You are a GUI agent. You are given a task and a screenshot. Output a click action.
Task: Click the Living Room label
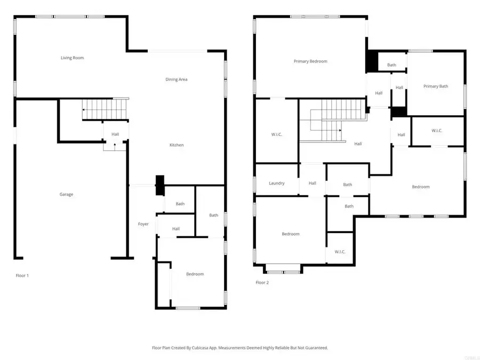tap(72, 58)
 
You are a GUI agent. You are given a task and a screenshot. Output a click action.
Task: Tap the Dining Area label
tap(176, 79)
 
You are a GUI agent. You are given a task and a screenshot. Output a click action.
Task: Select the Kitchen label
tap(177, 145)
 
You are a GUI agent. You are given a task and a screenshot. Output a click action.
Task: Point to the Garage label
tap(66, 195)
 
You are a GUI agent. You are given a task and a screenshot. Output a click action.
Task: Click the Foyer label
tap(143, 224)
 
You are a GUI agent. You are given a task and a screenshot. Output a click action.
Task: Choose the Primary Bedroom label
tap(310, 61)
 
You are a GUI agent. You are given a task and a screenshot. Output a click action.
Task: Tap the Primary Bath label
tap(436, 86)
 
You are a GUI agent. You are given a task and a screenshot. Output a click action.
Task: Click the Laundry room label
tap(277, 183)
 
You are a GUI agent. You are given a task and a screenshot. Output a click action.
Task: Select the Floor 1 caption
tap(22, 276)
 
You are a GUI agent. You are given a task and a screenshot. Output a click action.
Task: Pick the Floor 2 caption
tap(262, 283)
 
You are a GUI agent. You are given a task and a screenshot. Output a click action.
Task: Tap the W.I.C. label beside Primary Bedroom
tap(276, 134)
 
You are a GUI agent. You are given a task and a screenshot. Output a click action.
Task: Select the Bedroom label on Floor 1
tap(195, 274)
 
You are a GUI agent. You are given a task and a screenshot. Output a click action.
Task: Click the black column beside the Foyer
tap(159, 186)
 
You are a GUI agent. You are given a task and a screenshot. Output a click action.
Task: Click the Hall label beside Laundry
tap(313, 183)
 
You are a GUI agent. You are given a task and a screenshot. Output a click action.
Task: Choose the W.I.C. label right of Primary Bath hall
tap(437, 131)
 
